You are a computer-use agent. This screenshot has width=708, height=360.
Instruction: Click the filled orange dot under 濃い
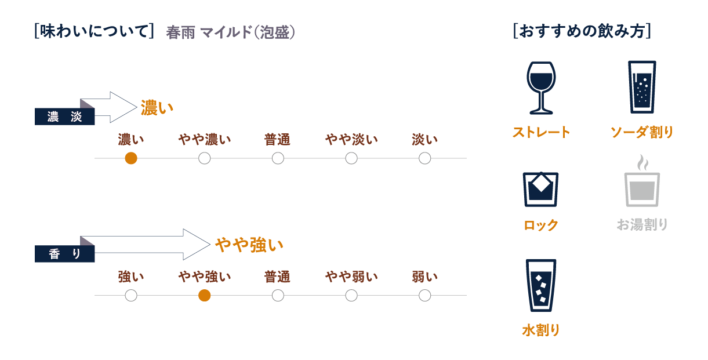pos(131,158)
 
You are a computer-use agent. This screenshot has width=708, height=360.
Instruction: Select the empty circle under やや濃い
pos(204,158)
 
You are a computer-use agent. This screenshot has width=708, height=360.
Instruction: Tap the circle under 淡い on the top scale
pos(424,158)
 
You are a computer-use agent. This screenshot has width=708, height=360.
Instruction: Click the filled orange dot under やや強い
pos(204,296)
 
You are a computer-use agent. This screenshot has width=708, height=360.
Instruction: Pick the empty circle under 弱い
pos(424,296)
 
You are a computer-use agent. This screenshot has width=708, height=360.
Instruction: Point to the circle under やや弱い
pos(351,296)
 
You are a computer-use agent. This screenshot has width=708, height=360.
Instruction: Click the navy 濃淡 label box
pos(64,117)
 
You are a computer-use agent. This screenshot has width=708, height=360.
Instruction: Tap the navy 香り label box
pos(64,254)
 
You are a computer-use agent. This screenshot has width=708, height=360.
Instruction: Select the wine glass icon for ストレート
pos(541,88)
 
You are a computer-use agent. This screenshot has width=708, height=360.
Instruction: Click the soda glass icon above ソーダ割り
pos(642,86)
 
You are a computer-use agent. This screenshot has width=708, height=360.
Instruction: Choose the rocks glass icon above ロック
pos(541,188)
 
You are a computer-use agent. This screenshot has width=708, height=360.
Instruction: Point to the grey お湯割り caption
pos(642,224)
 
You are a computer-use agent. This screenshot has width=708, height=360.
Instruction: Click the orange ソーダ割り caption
pos(642,133)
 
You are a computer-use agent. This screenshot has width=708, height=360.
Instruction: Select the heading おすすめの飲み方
pos(582,31)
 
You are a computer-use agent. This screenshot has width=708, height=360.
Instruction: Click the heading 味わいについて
pos(94,31)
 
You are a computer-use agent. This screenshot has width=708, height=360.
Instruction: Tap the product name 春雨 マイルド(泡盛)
pos(231,32)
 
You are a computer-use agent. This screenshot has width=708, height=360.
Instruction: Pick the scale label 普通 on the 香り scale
pos(277,277)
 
